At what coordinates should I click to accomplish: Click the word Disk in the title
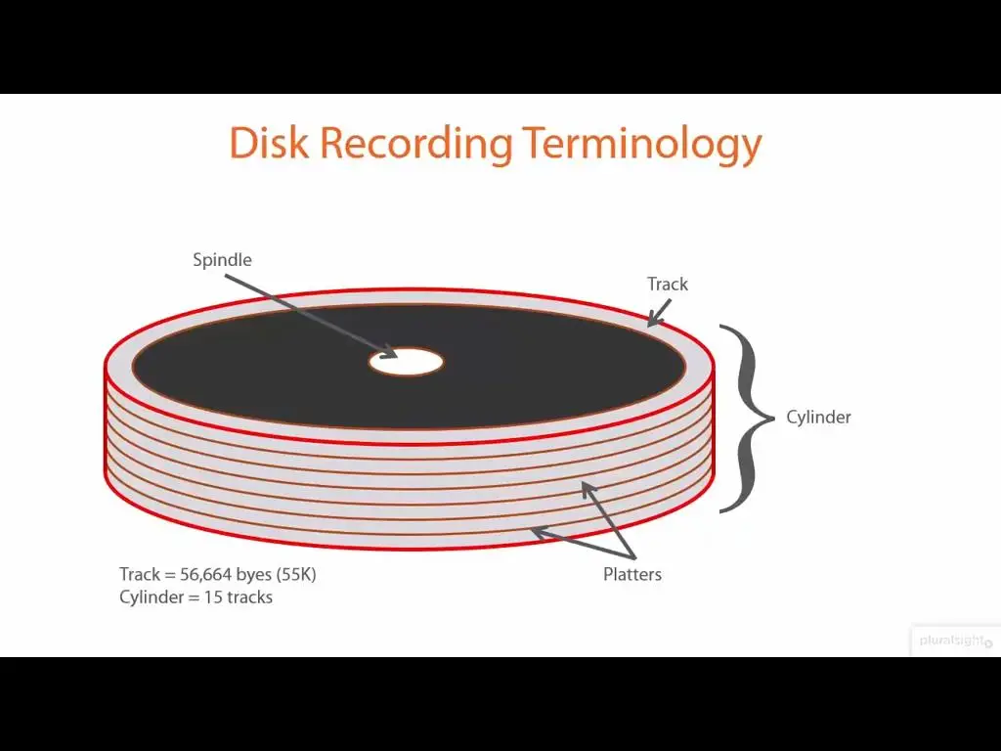pyautogui.click(x=269, y=143)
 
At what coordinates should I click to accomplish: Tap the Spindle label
pyautogui.click(x=222, y=260)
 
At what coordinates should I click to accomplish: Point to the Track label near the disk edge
pyautogui.click(x=667, y=284)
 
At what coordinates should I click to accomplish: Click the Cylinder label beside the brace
pyautogui.click(x=818, y=417)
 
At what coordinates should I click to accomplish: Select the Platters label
pyautogui.click(x=632, y=574)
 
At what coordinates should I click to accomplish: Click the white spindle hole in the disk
pyautogui.click(x=406, y=362)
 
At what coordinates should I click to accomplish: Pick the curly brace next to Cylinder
pyautogui.click(x=747, y=419)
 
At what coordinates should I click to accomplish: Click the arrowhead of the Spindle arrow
pyautogui.click(x=389, y=352)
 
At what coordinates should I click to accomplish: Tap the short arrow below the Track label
pyautogui.click(x=659, y=313)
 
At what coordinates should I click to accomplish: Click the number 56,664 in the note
pyautogui.click(x=205, y=575)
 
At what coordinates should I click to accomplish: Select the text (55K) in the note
pyautogui.click(x=296, y=575)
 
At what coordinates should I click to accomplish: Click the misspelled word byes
pyautogui.click(x=254, y=575)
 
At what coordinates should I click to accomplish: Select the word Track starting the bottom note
pyautogui.click(x=140, y=574)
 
